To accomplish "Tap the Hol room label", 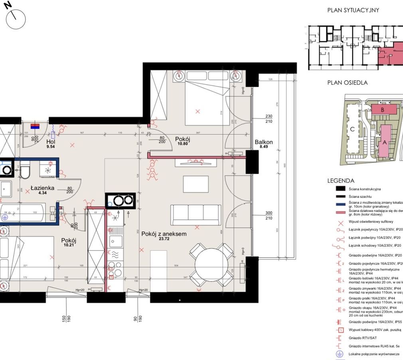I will click(x=51, y=142).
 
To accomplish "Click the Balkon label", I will click(x=264, y=142).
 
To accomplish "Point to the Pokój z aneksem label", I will click(x=164, y=234).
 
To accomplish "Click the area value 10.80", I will click(x=182, y=143).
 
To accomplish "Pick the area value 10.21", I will click(x=69, y=245).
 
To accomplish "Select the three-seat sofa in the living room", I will click(x=196, y=215).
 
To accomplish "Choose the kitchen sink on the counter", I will click(x=116, y=241).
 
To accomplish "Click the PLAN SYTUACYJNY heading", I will click(x=353, y=10).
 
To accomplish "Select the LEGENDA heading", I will click(x=341, y=180).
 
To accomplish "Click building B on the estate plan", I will click(x=383, y=109).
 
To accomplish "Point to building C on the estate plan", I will click(x=352, y=129).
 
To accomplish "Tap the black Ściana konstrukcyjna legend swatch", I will click(x=340, y=189).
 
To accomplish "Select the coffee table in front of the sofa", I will click(x=196, y=184).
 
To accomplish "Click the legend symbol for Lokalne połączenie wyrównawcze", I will click(x=340, y=354).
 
